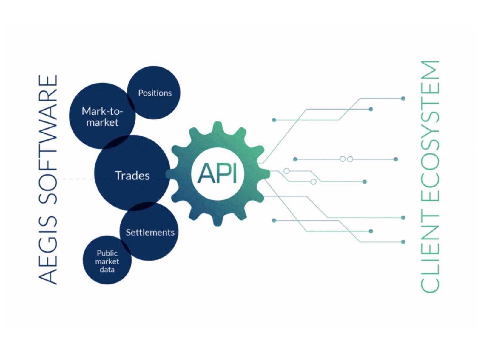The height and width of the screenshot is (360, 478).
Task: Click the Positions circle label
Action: click(155, 93)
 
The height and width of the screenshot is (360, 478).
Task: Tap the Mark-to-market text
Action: click(102, 117)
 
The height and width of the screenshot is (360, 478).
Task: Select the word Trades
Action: click(132, 176)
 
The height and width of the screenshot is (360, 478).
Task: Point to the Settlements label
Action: click(150, 232)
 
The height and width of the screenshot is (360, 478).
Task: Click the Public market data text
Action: click(107, 261)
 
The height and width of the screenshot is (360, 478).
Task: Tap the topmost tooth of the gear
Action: click(218, 127)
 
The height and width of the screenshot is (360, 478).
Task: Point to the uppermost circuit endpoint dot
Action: click(403, 98)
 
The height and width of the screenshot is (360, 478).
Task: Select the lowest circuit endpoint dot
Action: click(403, 242)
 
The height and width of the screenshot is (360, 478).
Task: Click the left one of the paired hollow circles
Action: click(343, 159)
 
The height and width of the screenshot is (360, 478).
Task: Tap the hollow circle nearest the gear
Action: click(286, 171)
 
